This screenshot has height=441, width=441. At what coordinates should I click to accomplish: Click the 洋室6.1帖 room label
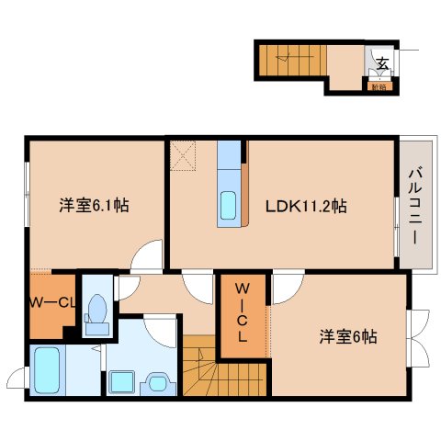(x=96, y=206)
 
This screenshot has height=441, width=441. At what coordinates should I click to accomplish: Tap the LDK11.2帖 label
(x=307, y=206)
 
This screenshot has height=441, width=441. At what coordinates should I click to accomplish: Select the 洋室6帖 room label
(x=348, y=336)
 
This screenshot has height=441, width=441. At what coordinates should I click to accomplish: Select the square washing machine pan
(x=121, y=382)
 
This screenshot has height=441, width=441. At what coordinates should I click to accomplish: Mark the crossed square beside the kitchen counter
(x=183, y=155)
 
